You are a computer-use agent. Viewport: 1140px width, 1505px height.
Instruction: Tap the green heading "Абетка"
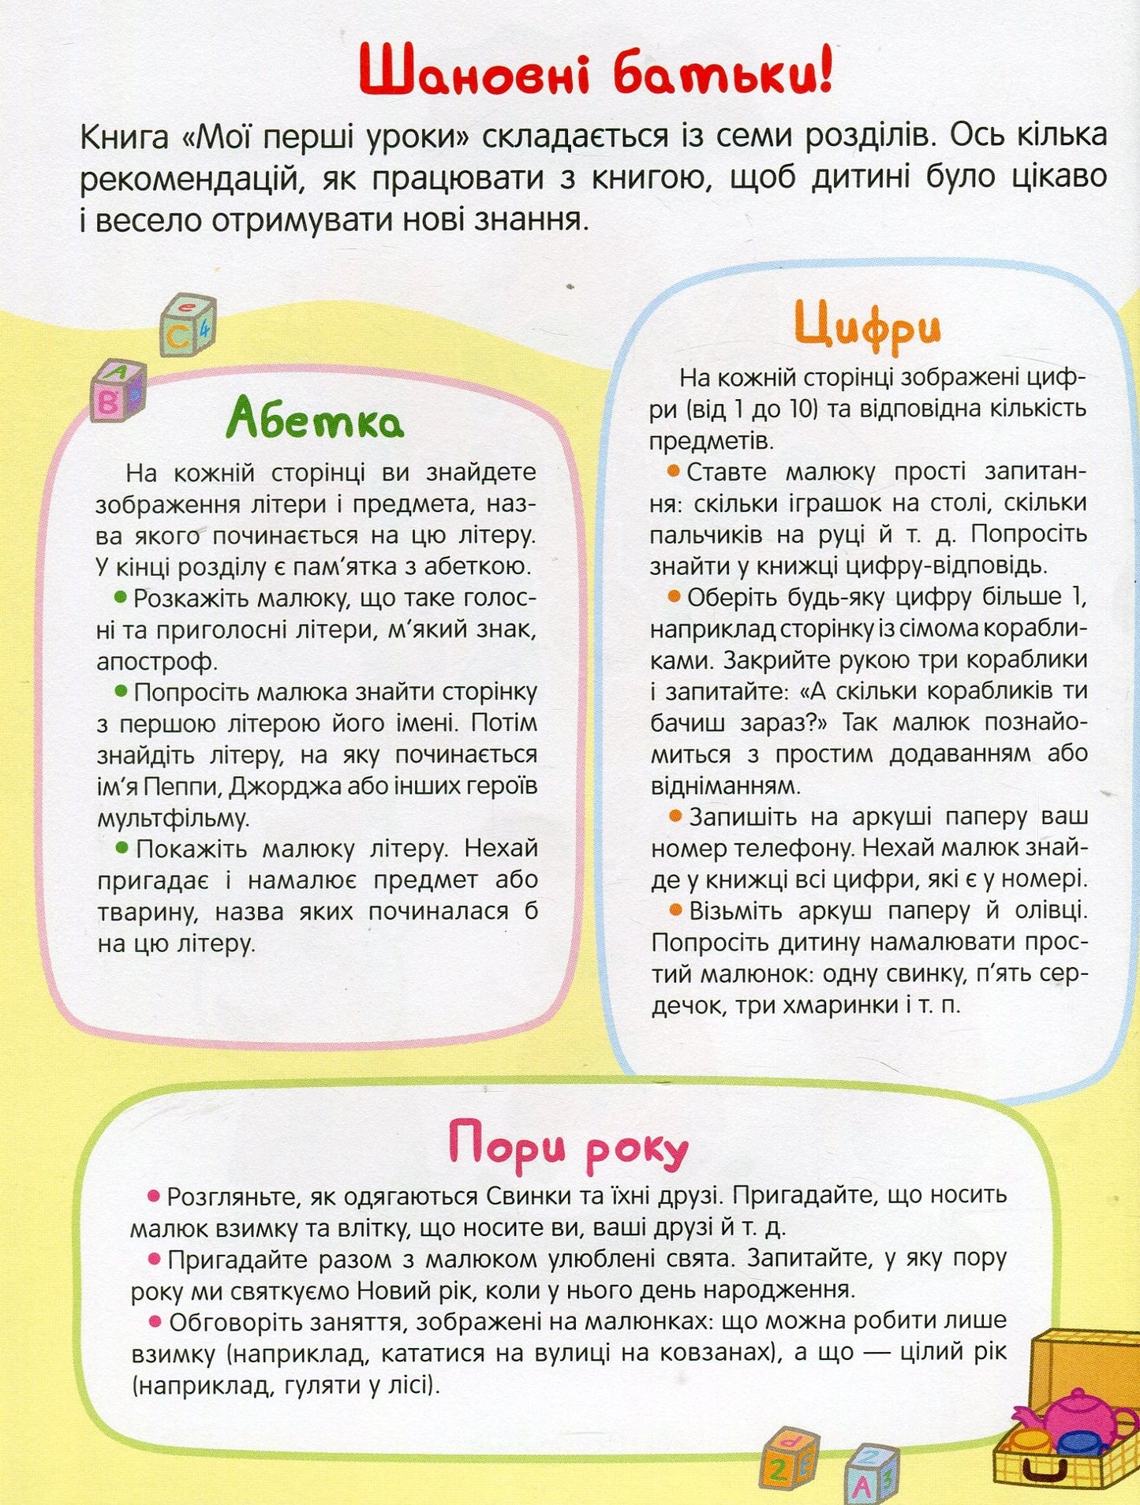click(x=315, y=419)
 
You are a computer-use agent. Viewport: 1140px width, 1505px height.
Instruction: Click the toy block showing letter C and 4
click(x=188, y=324)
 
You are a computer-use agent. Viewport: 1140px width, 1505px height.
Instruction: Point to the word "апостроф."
click(x=155, y=661)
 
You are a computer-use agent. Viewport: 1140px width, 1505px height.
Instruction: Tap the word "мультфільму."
click(x=173, y=818)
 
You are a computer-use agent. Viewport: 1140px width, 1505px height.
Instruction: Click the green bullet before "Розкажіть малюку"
click(x=121, y=597)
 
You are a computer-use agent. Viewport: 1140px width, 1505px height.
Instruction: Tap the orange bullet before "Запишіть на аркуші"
click(x=675, y=816)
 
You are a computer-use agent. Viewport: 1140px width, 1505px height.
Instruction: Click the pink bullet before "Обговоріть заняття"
click(x=155, y=1320)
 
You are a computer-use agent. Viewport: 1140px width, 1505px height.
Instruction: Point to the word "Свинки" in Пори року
click(x=529, y=1196)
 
